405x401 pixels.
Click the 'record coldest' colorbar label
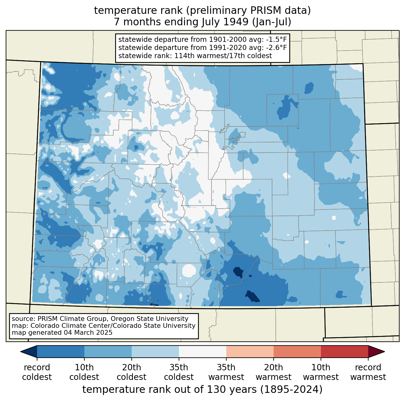[x=37, y=372]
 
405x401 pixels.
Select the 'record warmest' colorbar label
[x=368, y=372]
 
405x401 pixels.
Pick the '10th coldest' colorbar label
[x=84, y=372]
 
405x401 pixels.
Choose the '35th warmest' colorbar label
[x=226, y=372]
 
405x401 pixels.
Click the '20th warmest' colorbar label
[x=273, y=372]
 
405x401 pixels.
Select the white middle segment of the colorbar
[x=202, y=351]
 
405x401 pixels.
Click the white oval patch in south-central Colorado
[x=189, y=270]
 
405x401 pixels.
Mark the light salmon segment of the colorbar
[x=250, y=351]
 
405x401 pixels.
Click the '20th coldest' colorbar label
[x=131, y=372]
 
